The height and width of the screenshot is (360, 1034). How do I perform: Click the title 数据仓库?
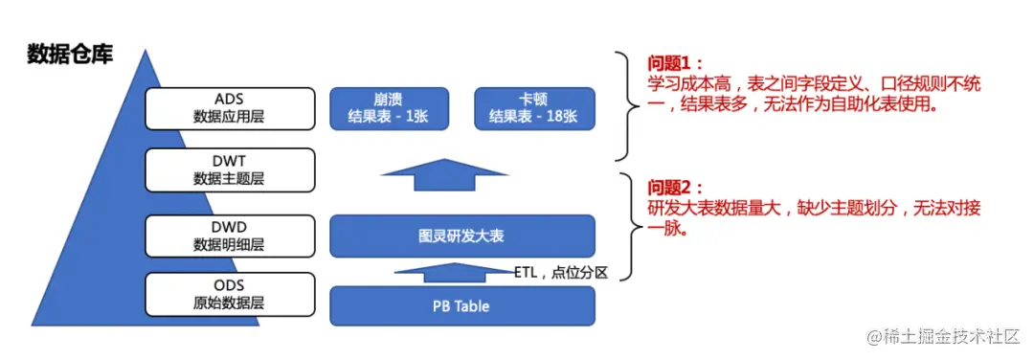pos(70,55)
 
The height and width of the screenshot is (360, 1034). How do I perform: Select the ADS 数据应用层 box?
pos(230,108)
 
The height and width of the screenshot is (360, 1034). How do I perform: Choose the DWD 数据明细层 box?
pos(230,236)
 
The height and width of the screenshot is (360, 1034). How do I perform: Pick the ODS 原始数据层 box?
pos(230,293)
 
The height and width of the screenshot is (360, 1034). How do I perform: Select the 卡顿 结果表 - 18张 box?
pos(534,108)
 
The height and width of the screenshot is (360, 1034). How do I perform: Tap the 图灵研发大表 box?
pos(461,236)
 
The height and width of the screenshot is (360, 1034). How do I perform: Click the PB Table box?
pos(461,306)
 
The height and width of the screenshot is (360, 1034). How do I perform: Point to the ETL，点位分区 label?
pos(561,272)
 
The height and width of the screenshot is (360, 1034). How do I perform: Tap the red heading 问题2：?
pos(675,188)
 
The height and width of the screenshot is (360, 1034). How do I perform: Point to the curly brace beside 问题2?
pos(628,228)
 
